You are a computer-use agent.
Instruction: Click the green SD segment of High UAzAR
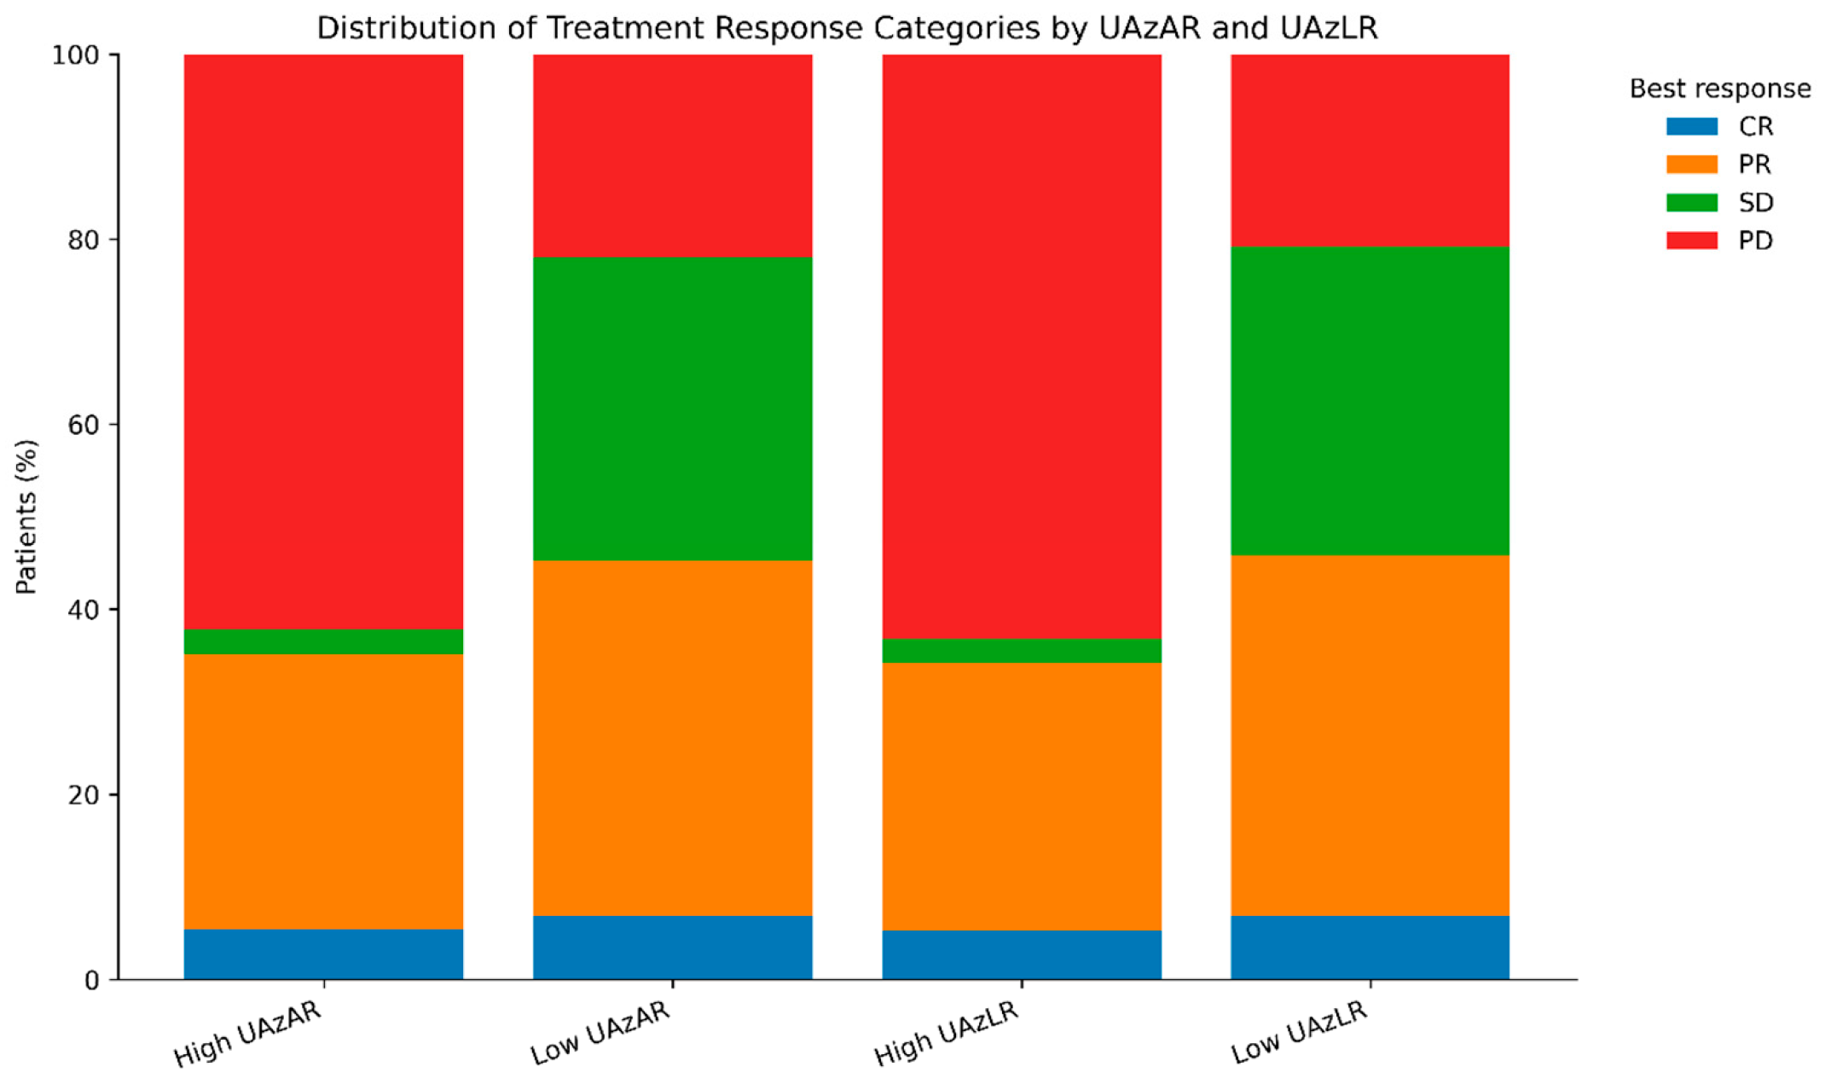(x=323, y=641)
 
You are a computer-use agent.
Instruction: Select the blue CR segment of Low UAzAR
(x=672, y=948)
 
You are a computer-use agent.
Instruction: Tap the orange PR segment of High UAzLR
(x=1022, y=797)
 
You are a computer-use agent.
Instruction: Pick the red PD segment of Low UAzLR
(x=1370, y=150)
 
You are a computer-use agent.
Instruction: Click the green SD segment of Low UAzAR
(x=672, y=409)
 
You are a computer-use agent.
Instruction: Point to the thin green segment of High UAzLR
(x=1022, y=651)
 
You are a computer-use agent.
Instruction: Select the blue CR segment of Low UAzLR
(x=1370, y=948)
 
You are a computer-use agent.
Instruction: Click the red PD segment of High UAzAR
(x=323, y=342)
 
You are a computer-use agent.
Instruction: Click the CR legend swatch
(x=1692, y=126)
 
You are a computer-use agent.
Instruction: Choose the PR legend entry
(x=1719, y=165)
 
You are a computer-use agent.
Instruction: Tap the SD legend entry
(x=1720, y=203)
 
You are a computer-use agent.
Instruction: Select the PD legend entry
(x=1720, y=241)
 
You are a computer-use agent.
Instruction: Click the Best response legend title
(x=1720, y=89)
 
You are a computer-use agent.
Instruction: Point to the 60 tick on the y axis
(x=114, y=425)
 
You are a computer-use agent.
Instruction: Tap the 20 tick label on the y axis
(x=83, y=795)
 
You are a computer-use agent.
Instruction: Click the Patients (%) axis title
(x=26, y=517)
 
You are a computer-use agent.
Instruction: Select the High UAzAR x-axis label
(x=248, y=1034)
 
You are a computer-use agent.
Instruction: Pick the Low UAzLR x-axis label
(x=1299, y=1032)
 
